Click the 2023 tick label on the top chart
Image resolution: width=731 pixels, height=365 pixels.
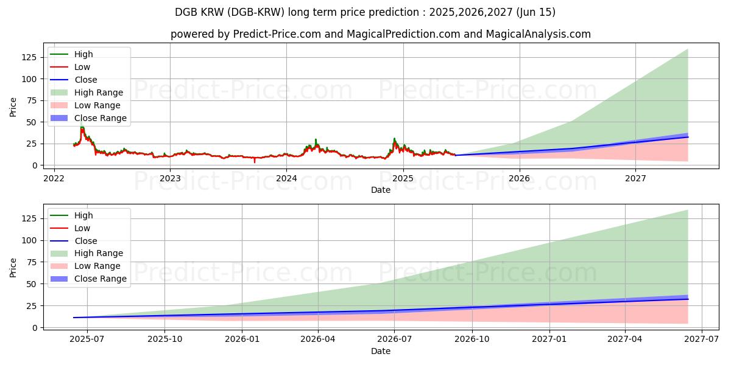pyautogui.click(x=170, y=178)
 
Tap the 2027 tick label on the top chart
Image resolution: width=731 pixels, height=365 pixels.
pyautogui.click(x=635, y=178)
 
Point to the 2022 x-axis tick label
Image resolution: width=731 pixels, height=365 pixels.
pyautogui.click(x=54, y=178)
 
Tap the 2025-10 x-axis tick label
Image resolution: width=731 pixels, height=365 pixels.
pyautogui.click(x=164, y=340)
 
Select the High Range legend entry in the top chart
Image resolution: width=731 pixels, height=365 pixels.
pyautogui.click(x=98, y=92)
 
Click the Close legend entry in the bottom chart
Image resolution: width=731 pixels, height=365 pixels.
pyautogui.click(x=85, y=241)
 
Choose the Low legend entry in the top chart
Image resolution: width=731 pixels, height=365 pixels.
pyautogui.click(x=82, y=67)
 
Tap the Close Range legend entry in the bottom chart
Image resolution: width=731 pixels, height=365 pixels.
pyautogui.click(x=101, y=279)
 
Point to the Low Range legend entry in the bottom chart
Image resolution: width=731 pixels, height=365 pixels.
pyautogui.click(x=97, y=266)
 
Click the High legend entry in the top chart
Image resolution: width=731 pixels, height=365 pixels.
pyautogui.click(x=83, y=54)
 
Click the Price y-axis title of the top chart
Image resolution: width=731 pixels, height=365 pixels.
pyautogui.click(x=13, y=107)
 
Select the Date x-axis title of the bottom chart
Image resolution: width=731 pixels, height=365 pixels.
pyautogui.click(x=381, y=351)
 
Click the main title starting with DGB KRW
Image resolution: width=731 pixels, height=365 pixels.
pyautogui.click(x=365, y=12)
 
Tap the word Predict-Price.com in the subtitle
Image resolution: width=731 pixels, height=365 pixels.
pyautogui.click(x=277, y=34)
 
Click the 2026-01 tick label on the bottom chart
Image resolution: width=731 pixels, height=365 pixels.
pyautogui.click(x=242, y=340)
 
